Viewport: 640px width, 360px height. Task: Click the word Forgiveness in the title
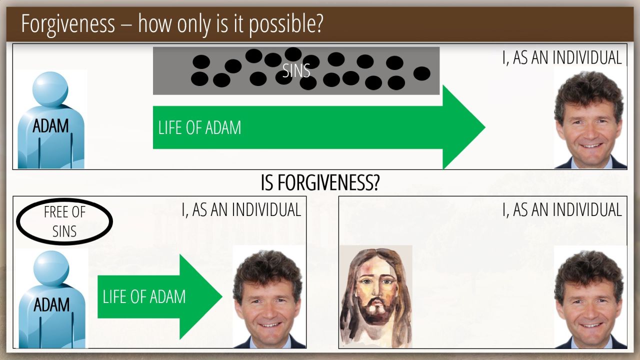click(68, 24)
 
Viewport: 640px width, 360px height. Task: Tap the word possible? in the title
click(286, 24)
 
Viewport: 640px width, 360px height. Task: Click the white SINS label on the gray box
click(296, 70)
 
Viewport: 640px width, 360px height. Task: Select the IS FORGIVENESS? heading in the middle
click(320, 183)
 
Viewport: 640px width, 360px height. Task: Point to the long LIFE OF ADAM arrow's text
click(199, 127)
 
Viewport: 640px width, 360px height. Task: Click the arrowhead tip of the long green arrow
click(485, 127)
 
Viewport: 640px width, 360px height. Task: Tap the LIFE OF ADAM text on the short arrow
click(144, 296)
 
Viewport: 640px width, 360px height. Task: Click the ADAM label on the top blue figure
click(50, 125)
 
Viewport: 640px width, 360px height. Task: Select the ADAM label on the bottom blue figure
click(51, 304)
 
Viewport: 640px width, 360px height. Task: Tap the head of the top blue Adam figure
click(50, 89)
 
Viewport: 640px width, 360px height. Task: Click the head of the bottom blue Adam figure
click(51, 268)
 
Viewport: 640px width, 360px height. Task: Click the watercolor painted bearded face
click(376, 296)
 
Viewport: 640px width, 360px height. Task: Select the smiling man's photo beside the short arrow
click(269, 298)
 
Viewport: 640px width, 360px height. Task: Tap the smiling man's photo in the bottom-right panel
click(590, 299)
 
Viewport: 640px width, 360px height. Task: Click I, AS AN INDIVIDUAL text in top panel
click(562, 57)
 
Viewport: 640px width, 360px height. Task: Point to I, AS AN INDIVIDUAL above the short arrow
click(241, 209)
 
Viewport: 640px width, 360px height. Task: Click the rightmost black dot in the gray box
click(421, 73)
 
